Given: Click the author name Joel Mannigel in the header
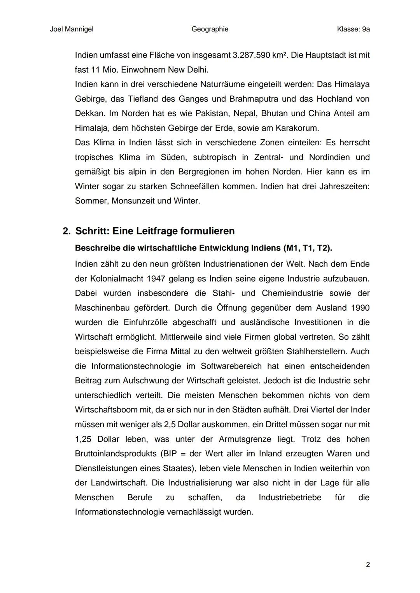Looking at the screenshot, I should [x=72, y=29].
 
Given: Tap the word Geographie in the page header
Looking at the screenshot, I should [x=210, y=29].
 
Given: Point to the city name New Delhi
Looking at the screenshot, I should [x=188, y=70].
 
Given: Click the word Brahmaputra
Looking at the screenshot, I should [x=254, y=99].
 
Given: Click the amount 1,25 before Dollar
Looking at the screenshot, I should [x=83, y=439].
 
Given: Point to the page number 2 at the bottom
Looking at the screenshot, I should [x=367, y=565].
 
